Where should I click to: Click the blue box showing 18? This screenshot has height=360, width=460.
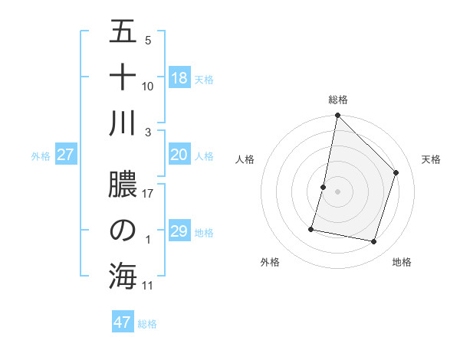pos(179,77)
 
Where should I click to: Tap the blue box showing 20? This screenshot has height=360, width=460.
pos(179,155)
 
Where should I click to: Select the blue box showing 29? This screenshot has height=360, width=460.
pos(179,231)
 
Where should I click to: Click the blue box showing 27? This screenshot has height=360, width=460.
pos(66,155)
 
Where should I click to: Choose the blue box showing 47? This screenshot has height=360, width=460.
pos(123,322)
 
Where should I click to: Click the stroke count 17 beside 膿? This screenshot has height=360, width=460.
pos(148,194)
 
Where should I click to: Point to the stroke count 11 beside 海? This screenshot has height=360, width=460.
pos(148,286)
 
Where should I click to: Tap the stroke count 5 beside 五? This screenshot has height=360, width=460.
pos(148,41)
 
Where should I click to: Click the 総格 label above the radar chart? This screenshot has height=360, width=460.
pos(337,100)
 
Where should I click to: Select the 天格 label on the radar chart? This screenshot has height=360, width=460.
pos(431,159)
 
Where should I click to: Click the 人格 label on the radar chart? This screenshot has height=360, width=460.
pos(245,159)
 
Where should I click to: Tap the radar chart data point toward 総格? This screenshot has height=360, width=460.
pos(337,116)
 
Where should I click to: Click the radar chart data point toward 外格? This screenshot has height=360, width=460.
pos(311,228)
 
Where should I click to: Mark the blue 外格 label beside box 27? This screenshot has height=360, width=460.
pos(41,156)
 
